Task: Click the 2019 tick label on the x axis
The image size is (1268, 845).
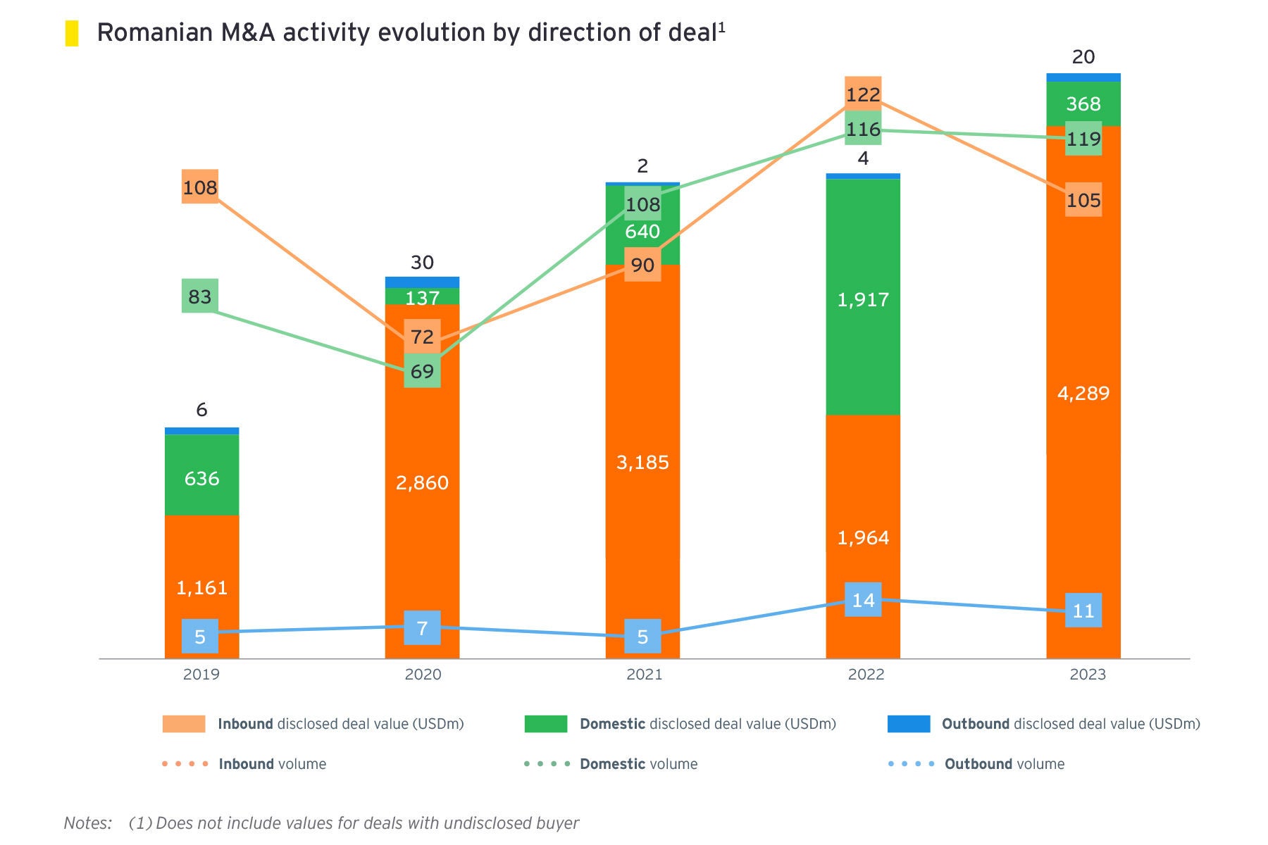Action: (x=201, y=675)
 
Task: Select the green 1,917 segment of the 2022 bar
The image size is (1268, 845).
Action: (x=863, y=338)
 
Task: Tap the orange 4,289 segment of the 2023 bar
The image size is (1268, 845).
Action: (x=1083, y=423)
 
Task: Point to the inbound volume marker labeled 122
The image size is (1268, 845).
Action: (x=863, y=94)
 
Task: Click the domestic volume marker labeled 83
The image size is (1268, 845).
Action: (x=200, y=296)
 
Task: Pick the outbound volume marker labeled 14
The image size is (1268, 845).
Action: (x=863, y=600)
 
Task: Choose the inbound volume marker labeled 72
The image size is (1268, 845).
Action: (x=422, y=337)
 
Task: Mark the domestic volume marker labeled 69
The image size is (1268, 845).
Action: (x=422, y=371)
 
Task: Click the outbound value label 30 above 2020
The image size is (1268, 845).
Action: (x=422, y=263)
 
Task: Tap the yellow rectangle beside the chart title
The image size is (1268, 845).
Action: (x=72, y=33)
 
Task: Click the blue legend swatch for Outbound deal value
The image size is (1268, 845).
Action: (x=909, y=724)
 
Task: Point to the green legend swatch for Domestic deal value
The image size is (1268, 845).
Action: (x=546, y=724)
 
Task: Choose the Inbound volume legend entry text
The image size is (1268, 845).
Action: (x=273, y=764)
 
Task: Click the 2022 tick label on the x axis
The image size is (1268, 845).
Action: (x=866, y=675)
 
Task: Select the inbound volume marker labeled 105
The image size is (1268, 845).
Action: (x=1083, y=200)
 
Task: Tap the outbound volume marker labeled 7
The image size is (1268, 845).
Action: (x=422, y=627)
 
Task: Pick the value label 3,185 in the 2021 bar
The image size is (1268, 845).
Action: (x=642, y=463)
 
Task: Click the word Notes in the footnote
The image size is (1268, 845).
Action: (x=87, y=822)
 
